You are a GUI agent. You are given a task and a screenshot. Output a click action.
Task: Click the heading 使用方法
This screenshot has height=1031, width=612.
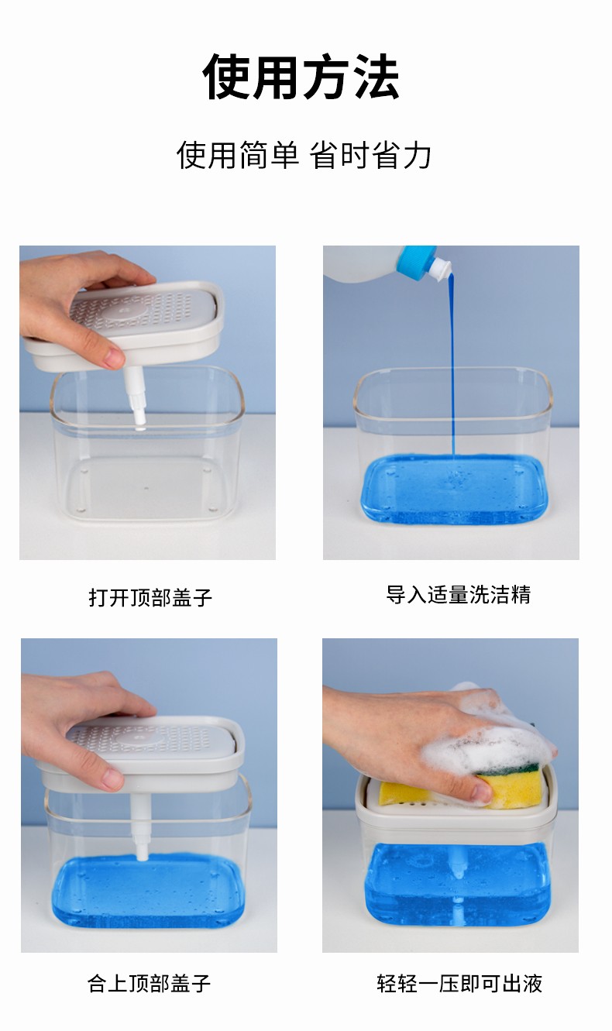(x=301, y=77)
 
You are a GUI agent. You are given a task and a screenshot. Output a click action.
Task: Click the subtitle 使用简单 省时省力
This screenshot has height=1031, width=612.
(x=304, y=155)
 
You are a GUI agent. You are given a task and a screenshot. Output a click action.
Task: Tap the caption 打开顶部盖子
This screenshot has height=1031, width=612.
(x=150, y=597)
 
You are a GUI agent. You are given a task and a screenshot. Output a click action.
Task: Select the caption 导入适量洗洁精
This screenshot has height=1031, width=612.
(x=459, y=594)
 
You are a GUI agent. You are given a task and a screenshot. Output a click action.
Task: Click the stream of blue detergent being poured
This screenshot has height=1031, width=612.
(x=452, y=368)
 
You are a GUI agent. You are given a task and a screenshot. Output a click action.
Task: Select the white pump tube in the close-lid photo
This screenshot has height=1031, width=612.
(x=140, y=825)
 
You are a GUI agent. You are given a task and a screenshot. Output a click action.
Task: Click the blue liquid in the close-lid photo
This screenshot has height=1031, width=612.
(x=147, y=893)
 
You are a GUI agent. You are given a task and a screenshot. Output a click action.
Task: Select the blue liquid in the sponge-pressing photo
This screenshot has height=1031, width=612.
(x=457, y=883)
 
